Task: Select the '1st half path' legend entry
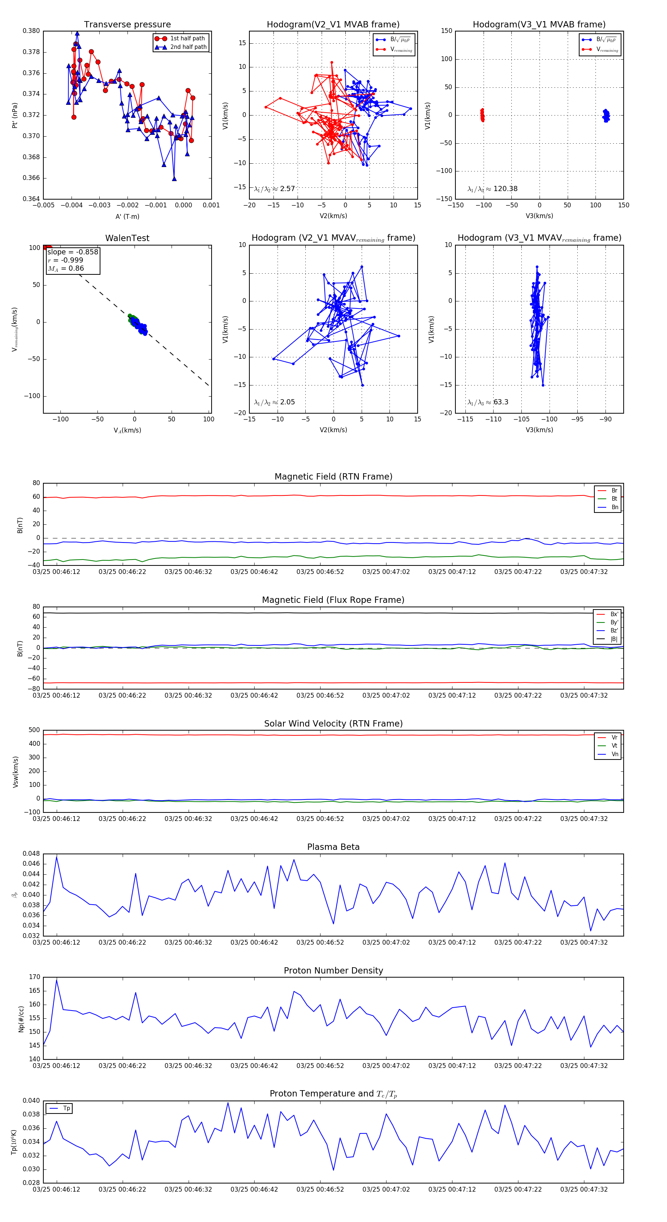coord(187,39)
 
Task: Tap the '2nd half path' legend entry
coord(188,47)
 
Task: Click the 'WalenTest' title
coord(127,238)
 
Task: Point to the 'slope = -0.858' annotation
coord(73,252)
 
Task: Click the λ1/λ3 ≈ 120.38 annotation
coord(492,189)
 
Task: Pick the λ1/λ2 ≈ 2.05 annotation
coord(274,402)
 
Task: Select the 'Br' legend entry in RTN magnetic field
coord(614,491)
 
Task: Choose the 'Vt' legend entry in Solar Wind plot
coord(614,746)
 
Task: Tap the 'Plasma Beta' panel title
coord(333,847)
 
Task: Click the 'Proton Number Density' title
coord(333,971)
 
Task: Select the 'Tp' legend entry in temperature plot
coord(66,1108)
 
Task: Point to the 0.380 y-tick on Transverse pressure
coord(31,31)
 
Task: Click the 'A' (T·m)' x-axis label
coord(127,216)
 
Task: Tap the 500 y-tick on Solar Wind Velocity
coord(34,730)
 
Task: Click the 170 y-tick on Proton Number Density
coord(34,977)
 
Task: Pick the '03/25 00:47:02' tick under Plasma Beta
coord(386,942)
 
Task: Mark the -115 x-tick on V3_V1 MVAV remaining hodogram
coord(465,419)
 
